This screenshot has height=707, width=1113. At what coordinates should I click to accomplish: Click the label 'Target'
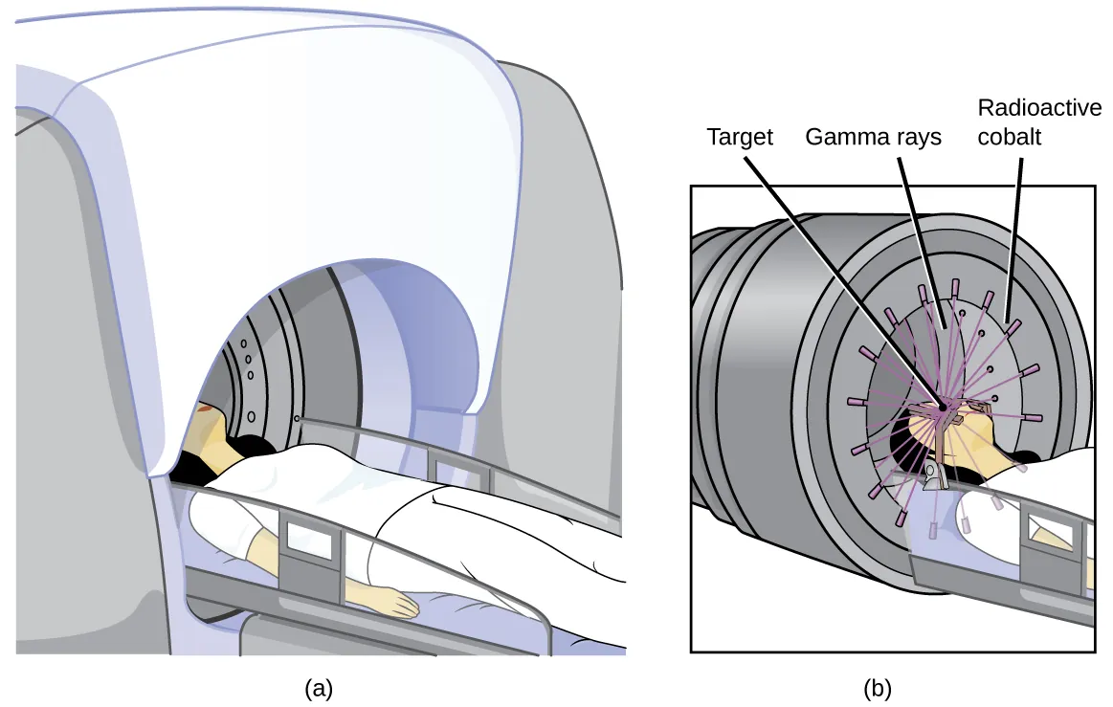point(740,137)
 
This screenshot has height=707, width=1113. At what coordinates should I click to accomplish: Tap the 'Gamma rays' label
point(873,137)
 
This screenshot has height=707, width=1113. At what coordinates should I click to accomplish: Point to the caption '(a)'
point(319,687)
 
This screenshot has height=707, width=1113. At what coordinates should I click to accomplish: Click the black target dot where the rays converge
point(943,408)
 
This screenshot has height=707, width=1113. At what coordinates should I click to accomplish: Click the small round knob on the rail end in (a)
point(299,419)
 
